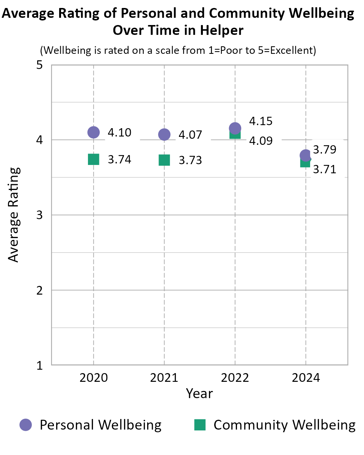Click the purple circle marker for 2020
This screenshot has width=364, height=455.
[93, 132]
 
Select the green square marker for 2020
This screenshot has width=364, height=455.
[93, 159]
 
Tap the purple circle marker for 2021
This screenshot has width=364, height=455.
[164, 134]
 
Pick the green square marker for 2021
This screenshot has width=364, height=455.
[164, 160]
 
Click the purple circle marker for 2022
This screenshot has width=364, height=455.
[235, 128]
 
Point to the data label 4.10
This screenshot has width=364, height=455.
[119, 133]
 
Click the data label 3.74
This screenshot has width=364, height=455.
[119, 160]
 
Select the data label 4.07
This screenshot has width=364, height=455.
[190, 135]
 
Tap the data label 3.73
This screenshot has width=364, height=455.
[190, 160]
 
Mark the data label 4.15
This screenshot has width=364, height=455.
[261, 121]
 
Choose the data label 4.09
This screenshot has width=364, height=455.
[261, 141]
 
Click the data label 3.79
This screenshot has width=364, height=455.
[325, 149]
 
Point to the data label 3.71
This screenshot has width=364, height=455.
[325, 169]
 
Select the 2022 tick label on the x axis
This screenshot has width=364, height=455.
[235, 378]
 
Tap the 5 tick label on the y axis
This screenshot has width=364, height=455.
[39, 65]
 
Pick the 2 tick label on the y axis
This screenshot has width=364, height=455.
[39, 290]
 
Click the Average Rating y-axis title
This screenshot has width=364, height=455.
[14, 215]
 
